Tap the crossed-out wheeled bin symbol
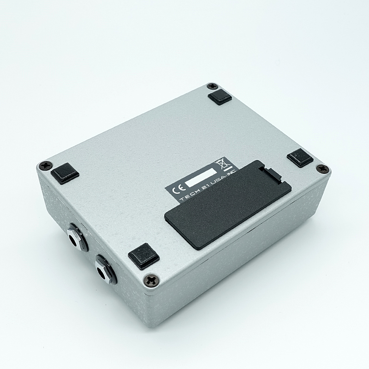pos(220,163)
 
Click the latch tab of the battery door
pos(271,174)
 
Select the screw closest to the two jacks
pos(150,280)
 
